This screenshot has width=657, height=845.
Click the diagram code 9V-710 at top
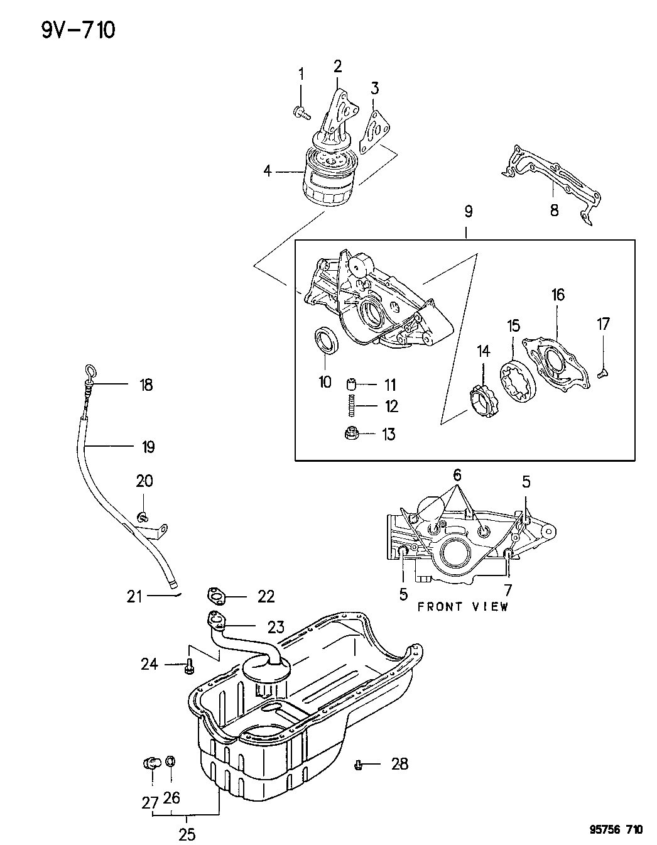79,30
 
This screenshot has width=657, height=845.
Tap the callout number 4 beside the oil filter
268,170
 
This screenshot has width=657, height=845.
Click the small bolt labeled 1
301,113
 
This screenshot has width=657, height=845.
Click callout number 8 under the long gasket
554,210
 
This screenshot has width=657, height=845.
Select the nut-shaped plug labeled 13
352,433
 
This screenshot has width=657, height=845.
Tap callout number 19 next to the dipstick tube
148,447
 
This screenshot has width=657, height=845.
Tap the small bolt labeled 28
358,765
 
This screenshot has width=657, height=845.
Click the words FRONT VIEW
463,607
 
